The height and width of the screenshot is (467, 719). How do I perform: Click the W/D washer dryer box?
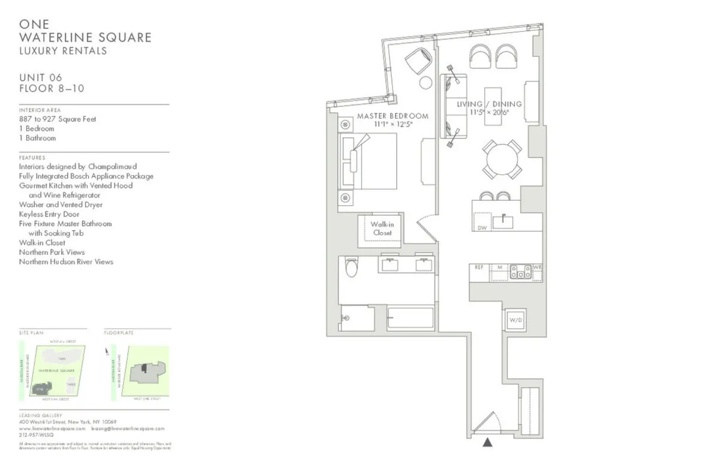point(515,320)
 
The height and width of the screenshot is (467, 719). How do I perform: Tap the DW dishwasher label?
point(482,228)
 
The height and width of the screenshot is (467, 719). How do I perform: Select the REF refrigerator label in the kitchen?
point(479,267)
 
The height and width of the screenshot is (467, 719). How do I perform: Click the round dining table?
point(502,159)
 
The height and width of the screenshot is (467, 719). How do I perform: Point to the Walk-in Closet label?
point(382,228)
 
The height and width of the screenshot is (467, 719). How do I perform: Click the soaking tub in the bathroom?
point(410,318)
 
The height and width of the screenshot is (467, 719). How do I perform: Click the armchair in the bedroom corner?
point(418,61)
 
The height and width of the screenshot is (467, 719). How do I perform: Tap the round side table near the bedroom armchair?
point(426,83)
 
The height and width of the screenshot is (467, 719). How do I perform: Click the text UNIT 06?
point(41,77)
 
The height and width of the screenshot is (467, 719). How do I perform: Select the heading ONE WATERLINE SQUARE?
point(85,31)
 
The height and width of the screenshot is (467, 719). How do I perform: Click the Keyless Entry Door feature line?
point(49,214)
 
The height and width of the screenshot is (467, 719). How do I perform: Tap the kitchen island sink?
point(504,222)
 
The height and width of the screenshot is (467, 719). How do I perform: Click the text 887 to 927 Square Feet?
point(58,119)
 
